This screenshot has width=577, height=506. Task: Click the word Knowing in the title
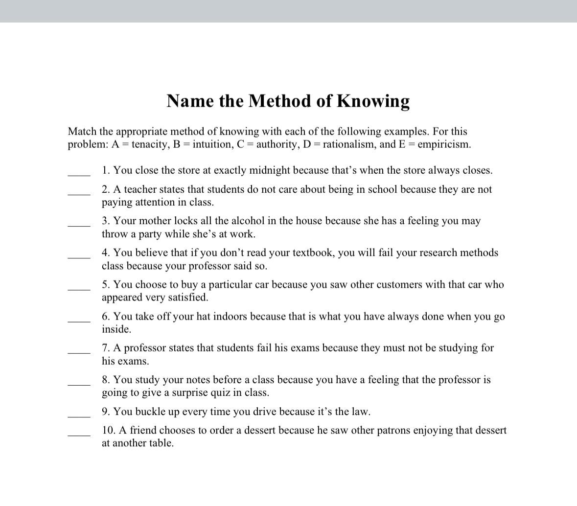(x=373, y=101)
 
